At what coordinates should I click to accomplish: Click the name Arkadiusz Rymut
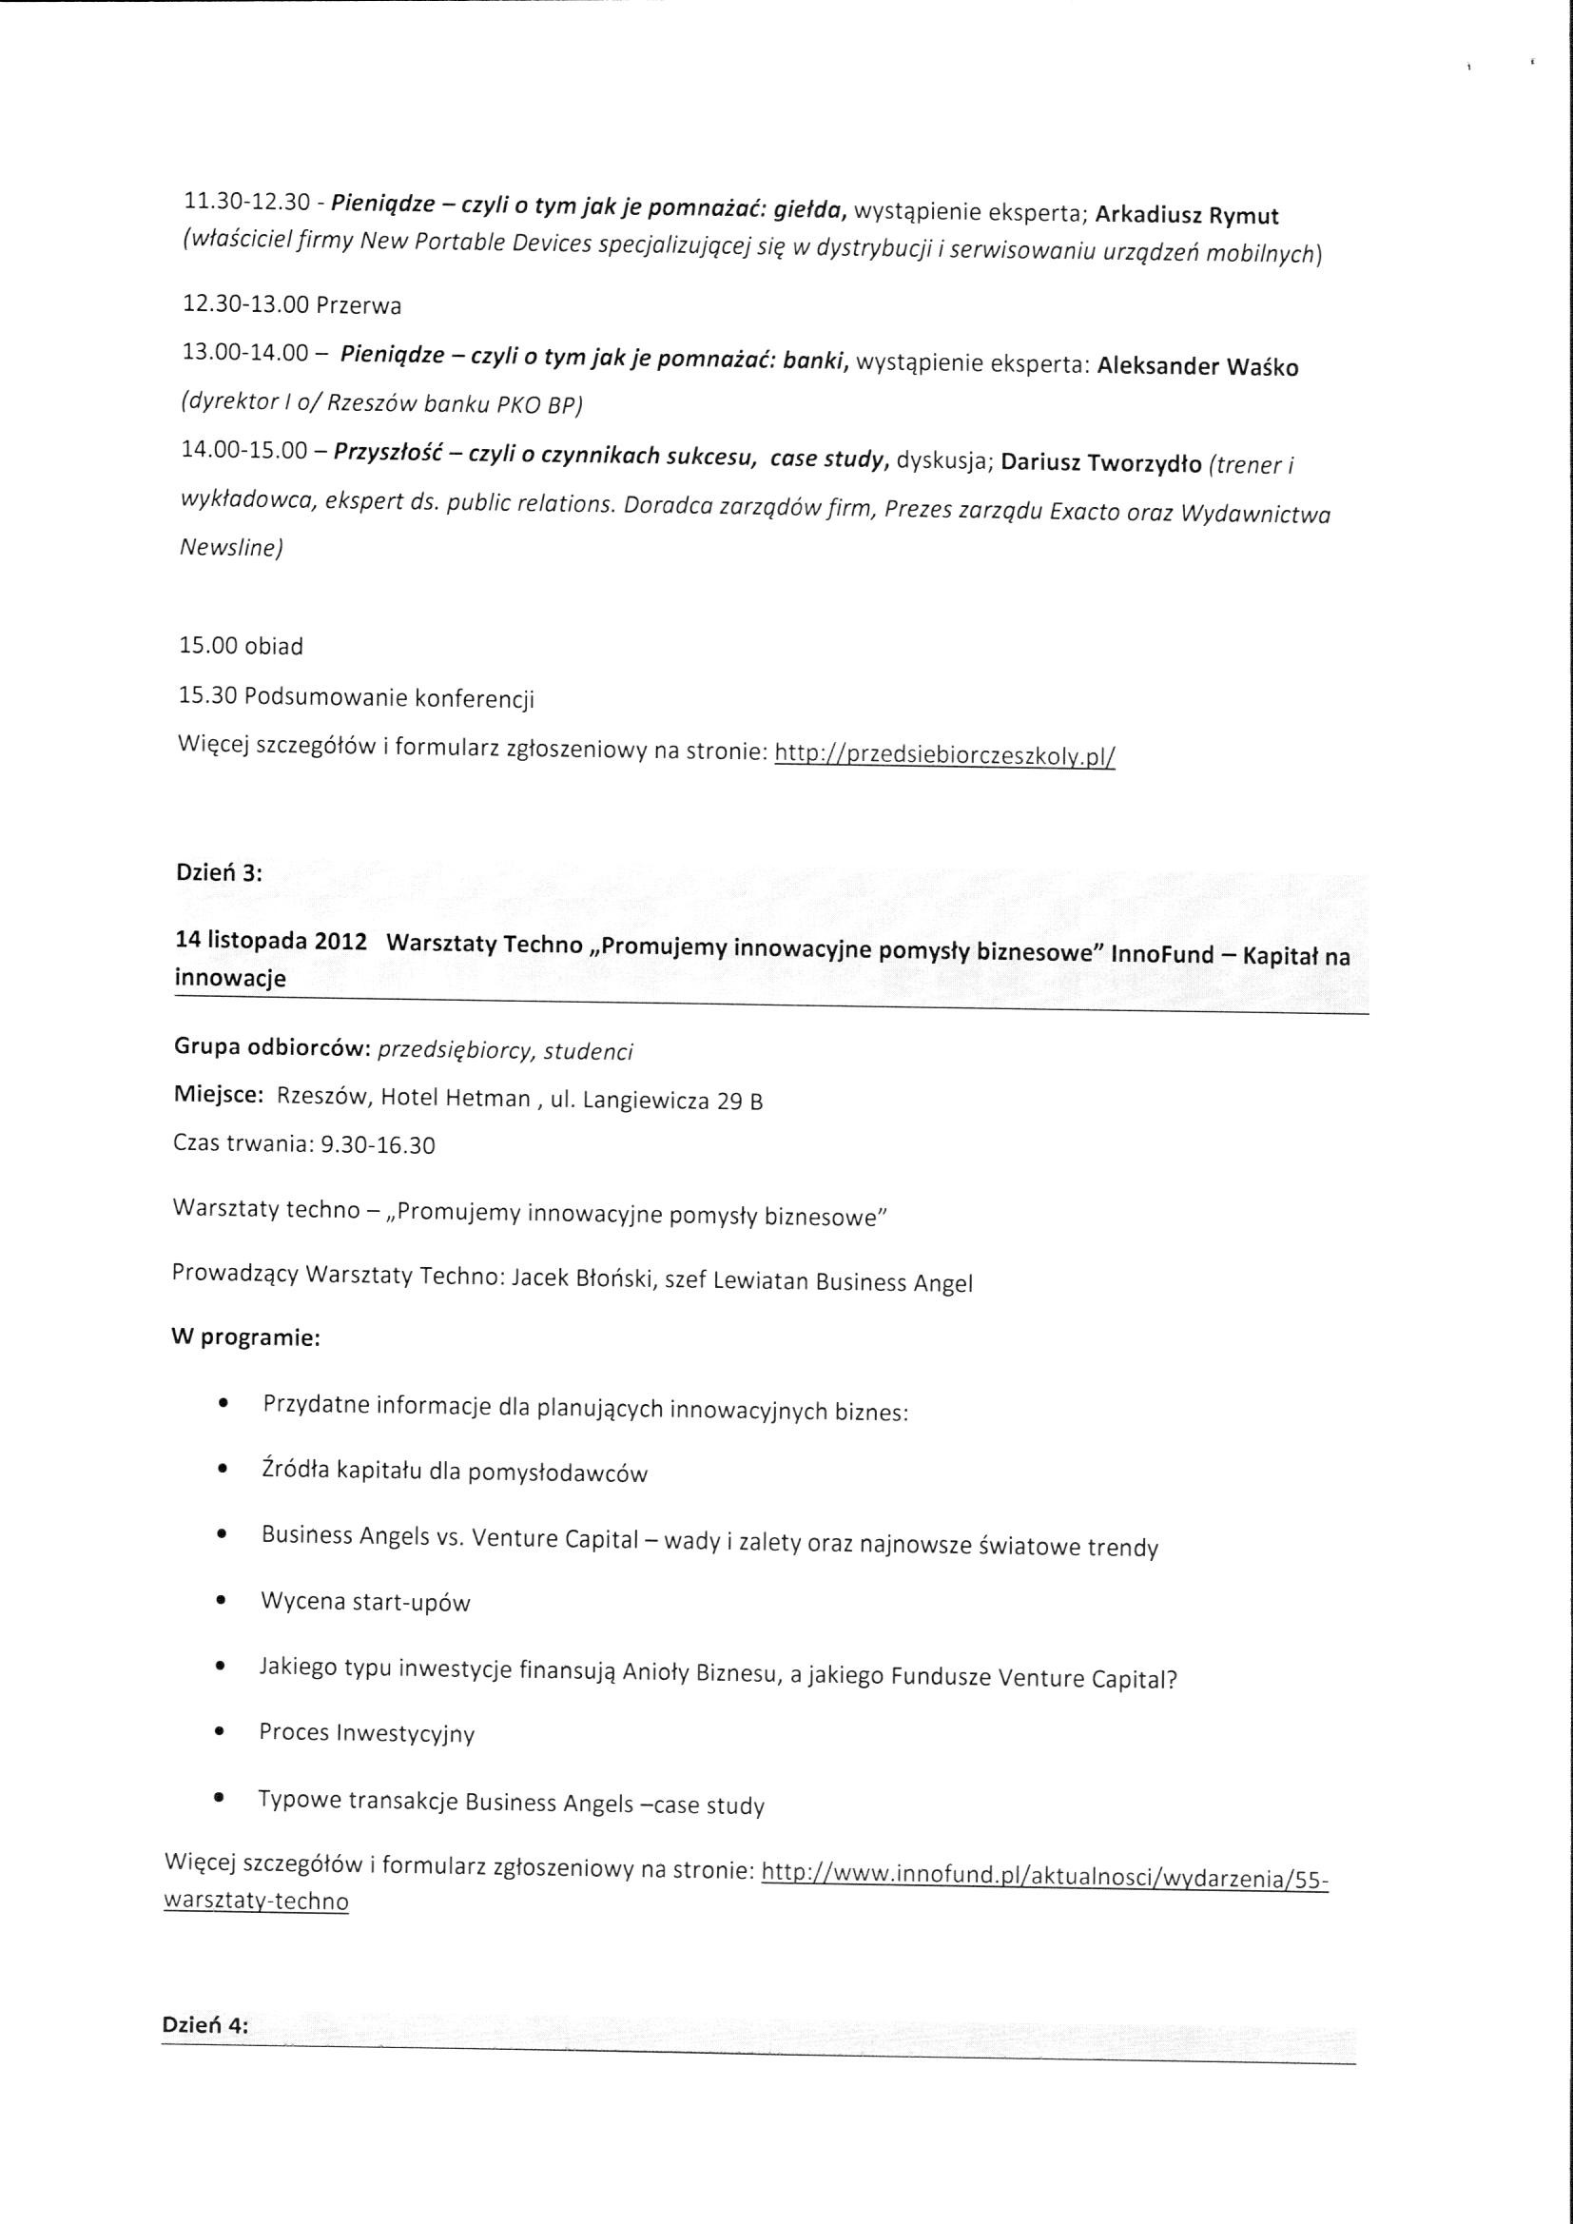[x=1187, y=216]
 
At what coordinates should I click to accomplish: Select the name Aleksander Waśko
[x=1198, y=368]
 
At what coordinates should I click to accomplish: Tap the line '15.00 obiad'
[x=242, y=646]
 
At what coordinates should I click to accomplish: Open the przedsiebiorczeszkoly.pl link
[x=945, y=755]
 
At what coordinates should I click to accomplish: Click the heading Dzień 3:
[x=219, y=871]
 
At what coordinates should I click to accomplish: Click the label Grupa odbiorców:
[x=270, y=1047]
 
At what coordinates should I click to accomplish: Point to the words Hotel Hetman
[x=455, y=1099]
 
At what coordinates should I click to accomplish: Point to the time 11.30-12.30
[x=247, y=202]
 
